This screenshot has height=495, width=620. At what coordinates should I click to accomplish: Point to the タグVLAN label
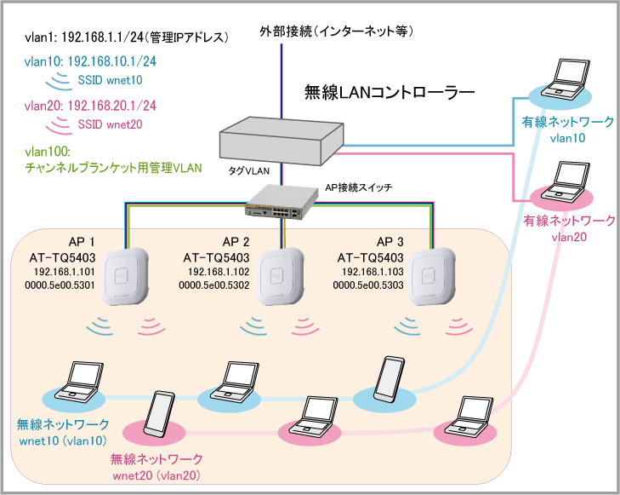pyautogui.click(x=248, y=171)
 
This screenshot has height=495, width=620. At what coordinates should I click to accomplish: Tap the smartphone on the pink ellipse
pyautogui.click(x=161, y=415)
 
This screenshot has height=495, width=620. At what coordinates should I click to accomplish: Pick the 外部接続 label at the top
pyautogui.click(x=337, y=32)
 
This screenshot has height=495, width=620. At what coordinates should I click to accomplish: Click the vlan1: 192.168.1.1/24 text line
pyautogui.click(x=127, y=37)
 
